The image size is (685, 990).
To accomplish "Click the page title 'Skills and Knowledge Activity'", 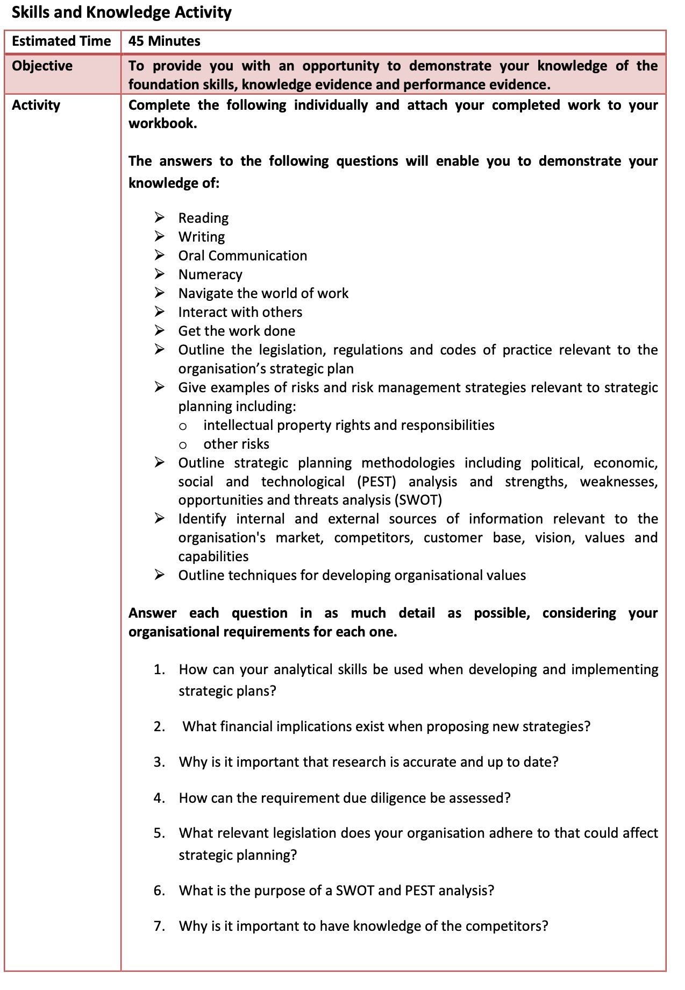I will click(x=122, y=12).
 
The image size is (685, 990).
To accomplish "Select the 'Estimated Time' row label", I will click(x=61, y=41).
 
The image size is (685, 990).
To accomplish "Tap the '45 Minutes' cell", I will click(x=165, y=41).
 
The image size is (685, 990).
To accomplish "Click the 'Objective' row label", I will click(x=42, y=66).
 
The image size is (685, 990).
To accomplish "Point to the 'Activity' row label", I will click(x=36, y=105).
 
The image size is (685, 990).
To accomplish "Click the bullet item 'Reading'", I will click(x=203, y=218).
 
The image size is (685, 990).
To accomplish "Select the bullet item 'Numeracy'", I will click(x=210, y=274).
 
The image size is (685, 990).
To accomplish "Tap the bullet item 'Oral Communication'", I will click(x=242, y=256).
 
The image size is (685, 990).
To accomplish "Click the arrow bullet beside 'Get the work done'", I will click(x=160, y=330).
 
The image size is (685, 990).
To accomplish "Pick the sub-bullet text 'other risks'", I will click(x=236, y=444).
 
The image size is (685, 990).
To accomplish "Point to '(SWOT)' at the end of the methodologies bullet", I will click(x=418, y=500).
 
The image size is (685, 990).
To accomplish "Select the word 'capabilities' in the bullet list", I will click(x=213, y=556).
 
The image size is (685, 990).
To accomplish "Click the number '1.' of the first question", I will click(x=159, y=670).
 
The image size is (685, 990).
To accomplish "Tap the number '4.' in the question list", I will click(x=159, y=798).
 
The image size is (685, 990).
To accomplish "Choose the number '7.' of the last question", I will click(x=159, y=926).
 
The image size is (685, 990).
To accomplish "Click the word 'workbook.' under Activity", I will click(x=163, y=124).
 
